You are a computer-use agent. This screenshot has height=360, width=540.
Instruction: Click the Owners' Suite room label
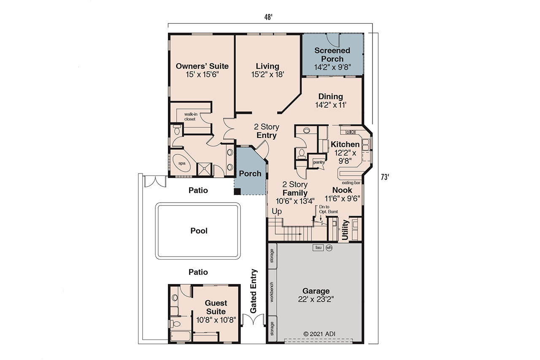point(202,66)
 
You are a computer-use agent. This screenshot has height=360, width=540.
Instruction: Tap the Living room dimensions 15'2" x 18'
point(267,74)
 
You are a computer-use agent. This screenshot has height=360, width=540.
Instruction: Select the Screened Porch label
point(332,55)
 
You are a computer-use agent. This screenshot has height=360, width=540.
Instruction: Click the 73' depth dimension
point(384,177)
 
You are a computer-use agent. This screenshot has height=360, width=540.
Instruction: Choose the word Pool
point(199,231)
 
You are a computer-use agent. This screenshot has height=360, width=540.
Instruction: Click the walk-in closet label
point(189,116)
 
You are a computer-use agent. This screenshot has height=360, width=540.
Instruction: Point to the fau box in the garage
point(318,248)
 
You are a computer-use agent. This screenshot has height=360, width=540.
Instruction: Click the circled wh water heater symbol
point(329,248)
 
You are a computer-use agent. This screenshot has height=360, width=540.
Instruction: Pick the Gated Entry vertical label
point(254,291)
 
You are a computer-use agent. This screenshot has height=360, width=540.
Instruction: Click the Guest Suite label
point(216,307)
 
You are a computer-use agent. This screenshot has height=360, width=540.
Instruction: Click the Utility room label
point(345,230)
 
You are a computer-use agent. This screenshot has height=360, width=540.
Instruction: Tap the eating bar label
point(351,183)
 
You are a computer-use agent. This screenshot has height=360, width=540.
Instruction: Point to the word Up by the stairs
point(277,211)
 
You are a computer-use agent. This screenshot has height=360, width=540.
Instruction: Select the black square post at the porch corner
point(238,191)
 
